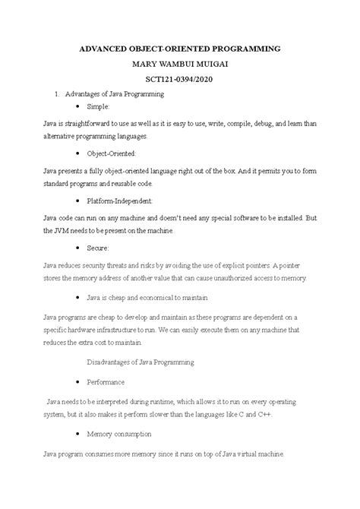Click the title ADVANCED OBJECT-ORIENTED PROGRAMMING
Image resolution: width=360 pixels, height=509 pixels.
pyautogui.click(x=180, y=49)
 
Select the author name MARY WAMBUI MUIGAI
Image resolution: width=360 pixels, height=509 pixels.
pyautogui.click(x=180, y=64)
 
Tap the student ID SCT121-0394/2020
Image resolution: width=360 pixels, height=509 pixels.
pyautogui.click(x=180, y=79)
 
